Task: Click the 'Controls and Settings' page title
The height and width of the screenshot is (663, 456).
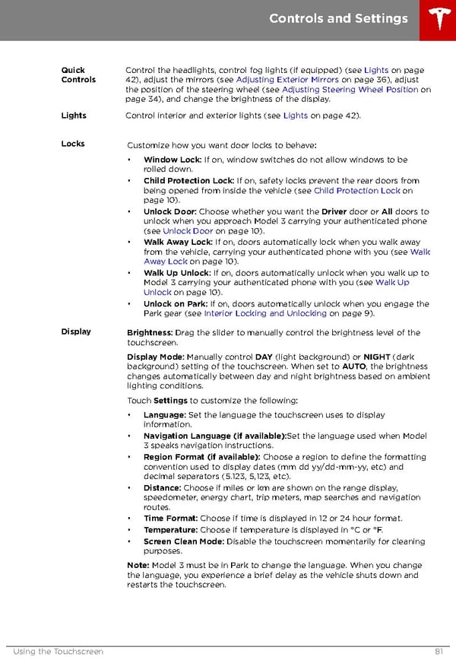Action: [x=338, y=19]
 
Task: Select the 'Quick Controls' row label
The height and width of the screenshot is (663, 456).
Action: [x=78, y=75]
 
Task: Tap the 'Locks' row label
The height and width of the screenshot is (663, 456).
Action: [x=73, y=144]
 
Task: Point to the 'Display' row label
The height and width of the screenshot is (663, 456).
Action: [x=76, y=331]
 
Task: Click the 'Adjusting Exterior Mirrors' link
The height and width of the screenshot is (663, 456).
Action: [x=287, y=80]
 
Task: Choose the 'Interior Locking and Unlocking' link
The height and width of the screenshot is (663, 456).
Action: [x=265, y=313]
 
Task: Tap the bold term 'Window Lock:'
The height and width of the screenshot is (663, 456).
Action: [x=173, y=160]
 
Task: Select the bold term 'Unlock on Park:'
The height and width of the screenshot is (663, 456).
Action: [x=176, y=304]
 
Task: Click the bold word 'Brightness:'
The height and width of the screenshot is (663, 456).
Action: [x=150, y=333]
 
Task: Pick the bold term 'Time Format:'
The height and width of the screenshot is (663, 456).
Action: [x=171, y=519]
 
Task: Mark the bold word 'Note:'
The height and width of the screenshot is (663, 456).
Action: [x=138, y=566]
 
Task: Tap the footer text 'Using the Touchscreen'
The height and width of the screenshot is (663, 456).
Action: [x=59, y=652]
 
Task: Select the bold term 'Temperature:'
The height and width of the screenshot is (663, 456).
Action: [x=171, y=530]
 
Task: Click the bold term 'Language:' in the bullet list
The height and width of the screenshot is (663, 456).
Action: [x=164, y=415]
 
